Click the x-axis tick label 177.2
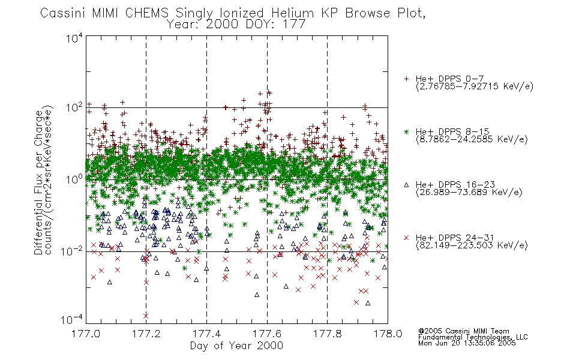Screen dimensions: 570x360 pyautogui.click(x=146, y=334)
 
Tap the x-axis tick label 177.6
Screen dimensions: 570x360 pyautogui.click(x=267, y=334)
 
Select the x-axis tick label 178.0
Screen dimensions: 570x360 pyautogui.click(x=388, y=334)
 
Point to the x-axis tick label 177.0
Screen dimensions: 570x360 pyautogui.click(x=86, y=334)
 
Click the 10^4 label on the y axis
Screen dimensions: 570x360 pyautogui.click(x=74, y=38)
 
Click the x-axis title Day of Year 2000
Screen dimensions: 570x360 pyautogui.click(x=236, y=346)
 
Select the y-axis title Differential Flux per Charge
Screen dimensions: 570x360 pyautogui.click(x=38, y=182)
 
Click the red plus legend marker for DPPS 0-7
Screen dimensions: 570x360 pyautogui.click(x=406, y=79)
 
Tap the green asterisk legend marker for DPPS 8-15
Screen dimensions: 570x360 pyautogui.click(x=406, y=131)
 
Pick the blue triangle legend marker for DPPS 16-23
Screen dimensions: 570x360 pyautogui.click(x=406, y=185)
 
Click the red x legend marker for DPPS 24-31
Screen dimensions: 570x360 pyautogui.click(x=406, y=238)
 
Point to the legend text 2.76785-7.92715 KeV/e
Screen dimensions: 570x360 pyautogui.click(x=475, y=86)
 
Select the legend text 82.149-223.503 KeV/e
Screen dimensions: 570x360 pyautogui.click(x=472, y=245)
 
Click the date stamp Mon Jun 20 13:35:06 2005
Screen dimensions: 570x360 pyautogui.click(x=467, y=343)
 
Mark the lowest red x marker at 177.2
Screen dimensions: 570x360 pyautogui.click(x=146, y=316)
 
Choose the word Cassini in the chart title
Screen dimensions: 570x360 pyautogui.click(x=63, y=13)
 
